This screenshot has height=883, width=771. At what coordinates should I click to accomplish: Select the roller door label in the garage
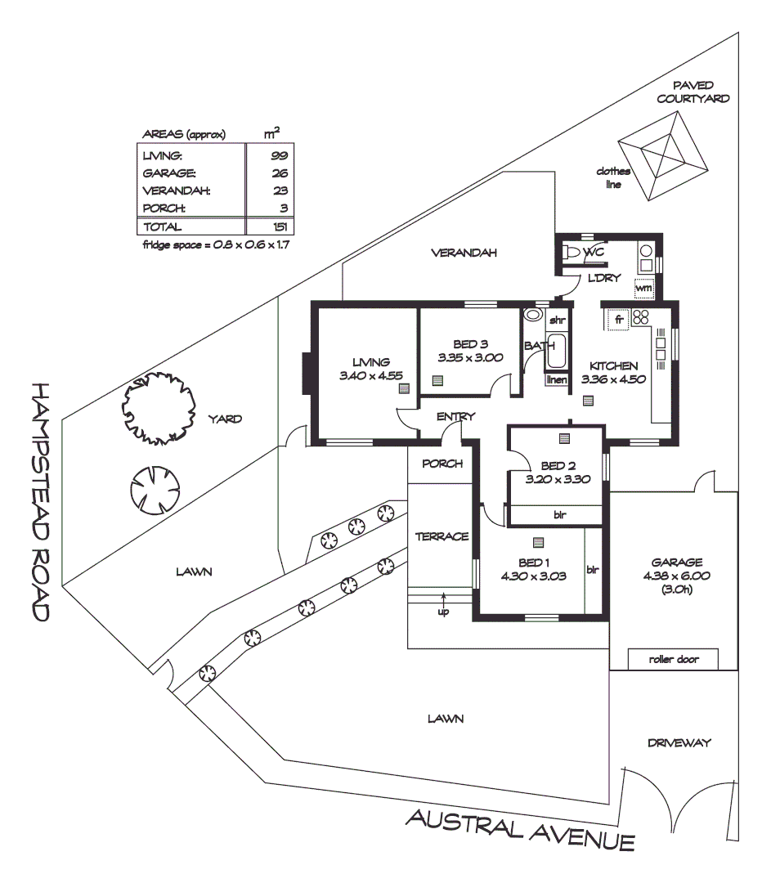[673, 659]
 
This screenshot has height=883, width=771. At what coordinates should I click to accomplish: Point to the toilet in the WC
[574, 253]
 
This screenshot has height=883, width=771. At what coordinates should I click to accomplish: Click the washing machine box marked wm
[643, 288]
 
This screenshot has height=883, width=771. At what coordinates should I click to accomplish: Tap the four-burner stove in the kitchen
[641, 318]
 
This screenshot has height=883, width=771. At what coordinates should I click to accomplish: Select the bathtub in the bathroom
[556, 352]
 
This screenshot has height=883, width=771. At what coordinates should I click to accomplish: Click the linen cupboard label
[556, 380]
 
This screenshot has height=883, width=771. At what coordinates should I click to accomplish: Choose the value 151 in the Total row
[277, 227]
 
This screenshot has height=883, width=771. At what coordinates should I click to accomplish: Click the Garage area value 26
[280, 173]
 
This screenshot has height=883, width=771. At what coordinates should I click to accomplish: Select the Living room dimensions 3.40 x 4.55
[365, 375]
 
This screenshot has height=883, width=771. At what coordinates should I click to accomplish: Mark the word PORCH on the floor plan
[442, 464]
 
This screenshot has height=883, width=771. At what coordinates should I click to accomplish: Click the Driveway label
[679, 743]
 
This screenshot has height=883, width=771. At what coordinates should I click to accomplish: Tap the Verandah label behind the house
[464, 253]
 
